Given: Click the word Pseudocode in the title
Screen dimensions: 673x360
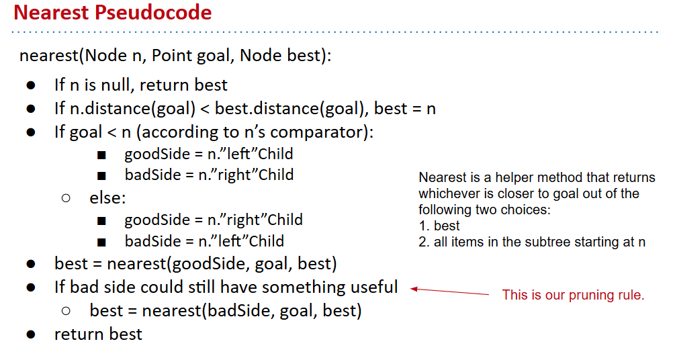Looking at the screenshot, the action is (153, 13).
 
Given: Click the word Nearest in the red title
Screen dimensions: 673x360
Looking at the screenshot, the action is (51, 12).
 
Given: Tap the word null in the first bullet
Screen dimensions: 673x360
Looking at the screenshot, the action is (115, 85).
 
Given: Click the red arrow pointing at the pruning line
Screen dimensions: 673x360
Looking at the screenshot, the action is (449, 291).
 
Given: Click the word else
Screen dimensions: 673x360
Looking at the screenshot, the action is (107, 198).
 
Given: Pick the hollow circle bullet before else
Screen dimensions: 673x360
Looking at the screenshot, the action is (66, 198).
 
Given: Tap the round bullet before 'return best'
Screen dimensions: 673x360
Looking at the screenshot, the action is (30, 334).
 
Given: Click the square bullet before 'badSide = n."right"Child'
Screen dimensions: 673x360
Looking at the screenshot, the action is (101, 176).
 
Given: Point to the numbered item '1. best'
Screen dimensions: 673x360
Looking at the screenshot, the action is (439, 226).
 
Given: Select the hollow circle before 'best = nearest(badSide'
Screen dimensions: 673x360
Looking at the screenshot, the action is (66, 311).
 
